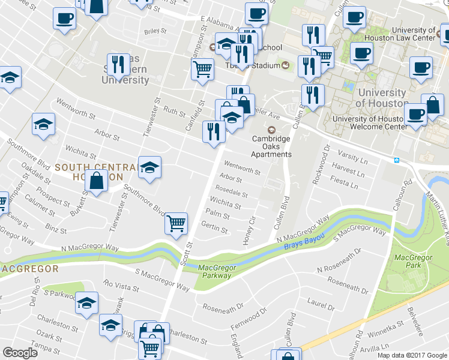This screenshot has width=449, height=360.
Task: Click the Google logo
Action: pos(20,353)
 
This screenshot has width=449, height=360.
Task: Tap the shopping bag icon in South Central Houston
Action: pos(96,181)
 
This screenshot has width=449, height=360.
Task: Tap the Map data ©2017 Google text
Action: pos(412,355)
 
